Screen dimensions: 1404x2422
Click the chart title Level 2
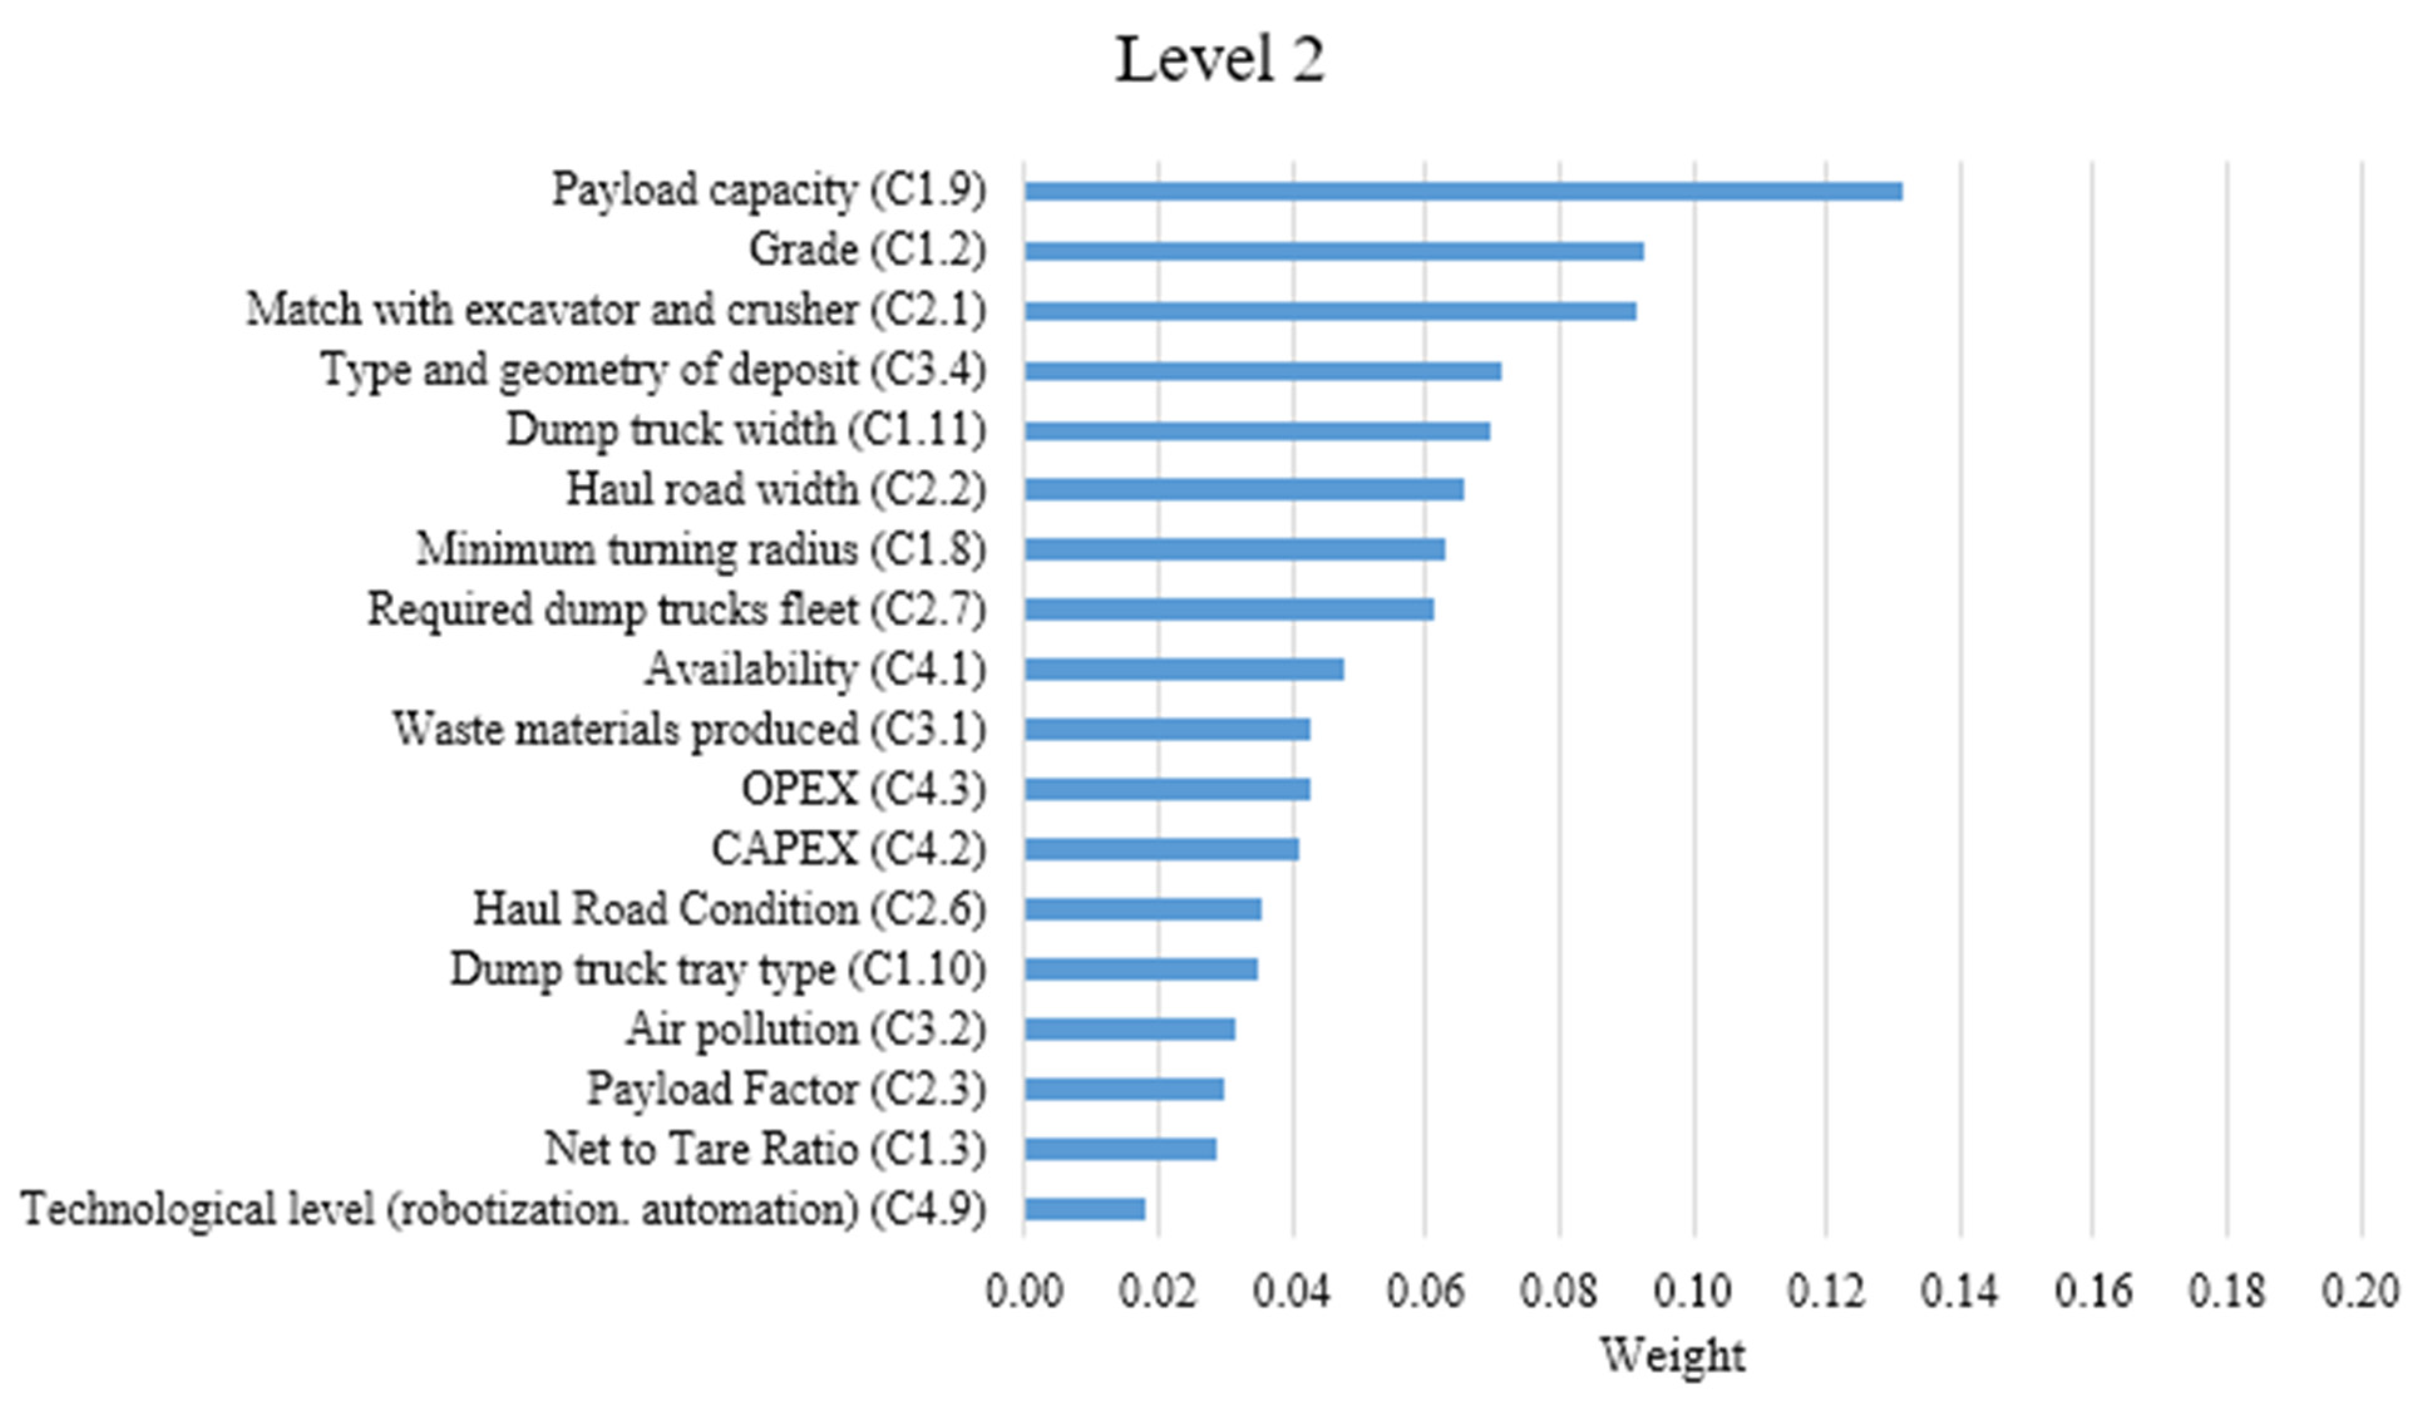click(x=1219, y=60)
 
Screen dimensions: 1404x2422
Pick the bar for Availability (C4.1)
click(x=1183, y=670)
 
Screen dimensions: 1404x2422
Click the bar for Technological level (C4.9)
click(x=1084, y=1209)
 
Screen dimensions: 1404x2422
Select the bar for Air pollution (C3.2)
click(x=1129, y=1029)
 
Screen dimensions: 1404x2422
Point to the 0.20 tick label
click(x=2361, y=1291)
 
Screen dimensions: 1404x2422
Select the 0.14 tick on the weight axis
click(x=1960, y=1291)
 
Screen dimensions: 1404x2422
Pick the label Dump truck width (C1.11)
click(x=745, y=430)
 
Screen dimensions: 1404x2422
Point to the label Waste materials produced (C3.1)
click(x=688, y=729)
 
